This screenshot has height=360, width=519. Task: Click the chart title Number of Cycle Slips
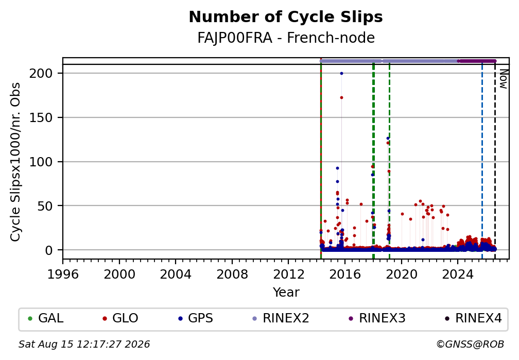(286, 17)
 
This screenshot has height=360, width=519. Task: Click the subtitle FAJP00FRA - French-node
(286, 38)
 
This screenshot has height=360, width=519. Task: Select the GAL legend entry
(46, 318)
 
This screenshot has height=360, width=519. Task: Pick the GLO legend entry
(120, 318)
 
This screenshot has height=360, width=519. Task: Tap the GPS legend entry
(196, 318)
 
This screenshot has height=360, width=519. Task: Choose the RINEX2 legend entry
(281, 318)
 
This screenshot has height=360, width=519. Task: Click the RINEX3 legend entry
(377, 318)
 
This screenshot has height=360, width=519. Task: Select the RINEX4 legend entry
(473, 318)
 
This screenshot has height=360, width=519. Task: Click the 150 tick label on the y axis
(41, 117)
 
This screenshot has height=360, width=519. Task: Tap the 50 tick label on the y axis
(45, 206)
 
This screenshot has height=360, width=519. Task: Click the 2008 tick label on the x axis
(232, 274)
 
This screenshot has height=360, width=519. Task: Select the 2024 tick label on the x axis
(458, 274)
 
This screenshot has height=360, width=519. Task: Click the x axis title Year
(286, 292)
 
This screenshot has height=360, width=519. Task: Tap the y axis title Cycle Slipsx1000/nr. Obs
(15, 162)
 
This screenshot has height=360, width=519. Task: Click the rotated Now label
(503, 79)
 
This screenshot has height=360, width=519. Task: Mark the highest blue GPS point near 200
(341, 74)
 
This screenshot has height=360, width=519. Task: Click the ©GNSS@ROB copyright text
(470, 345)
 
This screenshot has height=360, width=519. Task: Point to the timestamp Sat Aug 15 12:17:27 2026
(84, 345)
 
